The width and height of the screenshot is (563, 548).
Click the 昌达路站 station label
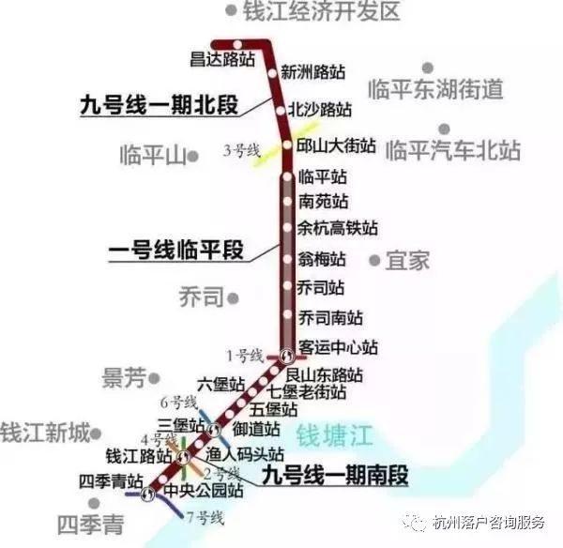[222, 60]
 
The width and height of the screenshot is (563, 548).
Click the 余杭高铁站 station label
[337, 227]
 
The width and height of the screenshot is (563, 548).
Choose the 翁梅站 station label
[321, 258]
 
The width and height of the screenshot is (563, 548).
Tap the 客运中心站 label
[337, 347]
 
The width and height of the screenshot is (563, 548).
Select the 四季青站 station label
[110, 481]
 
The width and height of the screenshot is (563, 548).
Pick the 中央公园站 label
[205, 490]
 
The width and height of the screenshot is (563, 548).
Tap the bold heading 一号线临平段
[175, 251]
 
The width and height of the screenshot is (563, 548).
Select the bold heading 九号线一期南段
[335, 475]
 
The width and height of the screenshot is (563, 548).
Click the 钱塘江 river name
[334, 435]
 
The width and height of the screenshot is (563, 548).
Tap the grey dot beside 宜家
[375, 259]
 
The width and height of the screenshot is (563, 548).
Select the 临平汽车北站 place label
[453, 149]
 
